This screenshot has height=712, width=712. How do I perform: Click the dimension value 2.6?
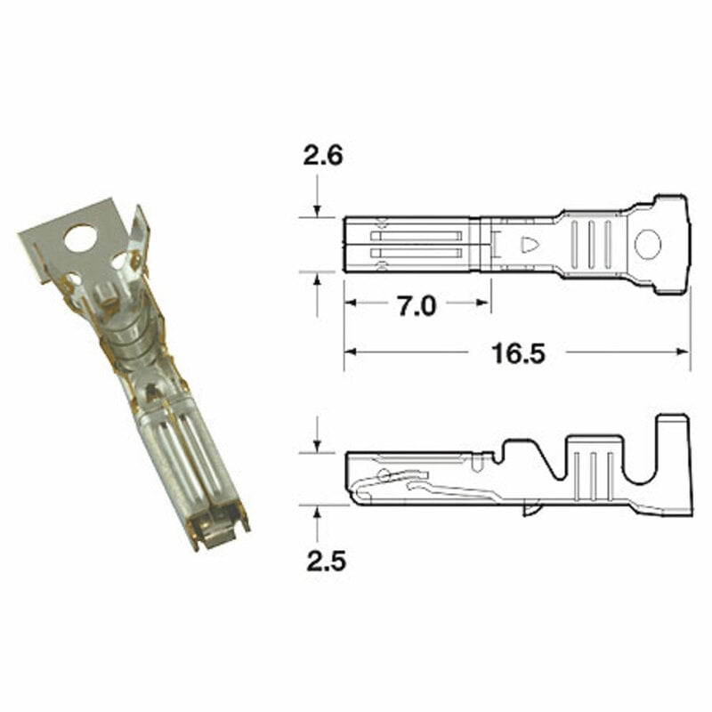[x=323, y=157]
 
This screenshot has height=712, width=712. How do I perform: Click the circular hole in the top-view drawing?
[x=649, y=244]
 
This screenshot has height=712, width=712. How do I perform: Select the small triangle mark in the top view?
[x=529, y=245]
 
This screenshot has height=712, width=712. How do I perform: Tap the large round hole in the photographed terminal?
[x=80, y=238]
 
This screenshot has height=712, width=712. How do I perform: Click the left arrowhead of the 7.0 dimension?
[x=350, y=303]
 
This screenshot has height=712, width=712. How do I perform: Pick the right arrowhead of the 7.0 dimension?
[x=485, y=303]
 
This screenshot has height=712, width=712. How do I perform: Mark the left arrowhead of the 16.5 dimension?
[x=350, y=352]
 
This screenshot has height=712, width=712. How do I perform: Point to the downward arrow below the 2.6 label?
[x=318, y=210]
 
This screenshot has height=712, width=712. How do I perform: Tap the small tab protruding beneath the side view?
[x=532, y=510]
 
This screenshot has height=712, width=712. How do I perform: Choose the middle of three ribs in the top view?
[x=590, y=244]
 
